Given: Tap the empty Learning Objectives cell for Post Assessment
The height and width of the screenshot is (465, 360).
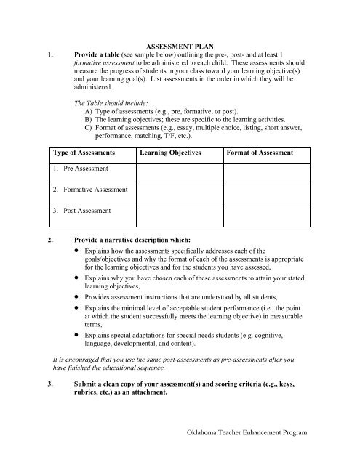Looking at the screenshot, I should (177, 214).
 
